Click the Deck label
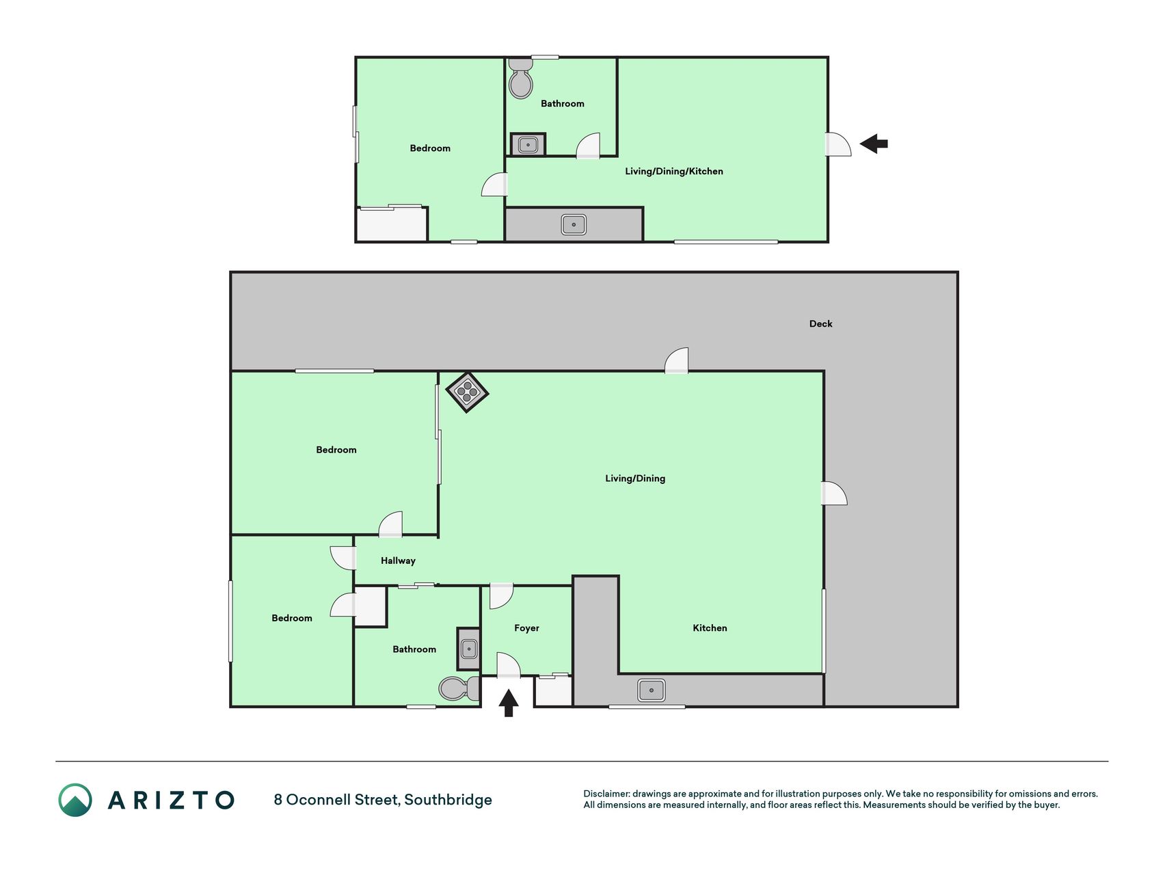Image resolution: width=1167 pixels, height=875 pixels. pyautogui.click(x=820, y=324)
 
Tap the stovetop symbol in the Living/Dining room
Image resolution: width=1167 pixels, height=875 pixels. pyautogui.click(x=467, y=392)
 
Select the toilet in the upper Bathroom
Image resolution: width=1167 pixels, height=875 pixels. pyautogui.click(x=521, y=78)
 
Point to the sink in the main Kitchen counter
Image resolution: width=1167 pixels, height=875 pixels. pyautogui.click(x=652, y=690)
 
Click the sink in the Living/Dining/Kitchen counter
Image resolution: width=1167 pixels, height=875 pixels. pyautogui.click(x=574, y=224)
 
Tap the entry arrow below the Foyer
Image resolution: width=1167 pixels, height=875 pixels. pyautogui.click(x=508, y=703)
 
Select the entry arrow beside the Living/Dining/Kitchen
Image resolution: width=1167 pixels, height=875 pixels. pyautogui.click(x=874, y=144)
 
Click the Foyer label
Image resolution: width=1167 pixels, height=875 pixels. pyautogui.click(x=526, y=628)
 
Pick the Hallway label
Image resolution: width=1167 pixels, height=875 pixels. pyautogui.click(x=398, y=561)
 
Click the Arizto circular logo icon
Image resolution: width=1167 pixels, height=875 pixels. pyautogui.click(x=75, y=800)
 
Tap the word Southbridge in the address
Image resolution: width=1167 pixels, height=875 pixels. pyautogui.click(x=448, y=800)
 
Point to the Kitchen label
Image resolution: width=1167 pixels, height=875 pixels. pyautogui.click(x=710, y=628)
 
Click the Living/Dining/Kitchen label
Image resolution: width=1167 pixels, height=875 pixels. pyautogui.click(x=674, y=172)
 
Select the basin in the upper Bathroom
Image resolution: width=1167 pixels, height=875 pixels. pyautogui.click(x=528, y=145)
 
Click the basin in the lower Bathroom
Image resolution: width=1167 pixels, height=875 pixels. pyautogui.click(x=469, y=648)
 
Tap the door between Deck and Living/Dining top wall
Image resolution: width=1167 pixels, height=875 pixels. pyautogui.click(x=677, y=360)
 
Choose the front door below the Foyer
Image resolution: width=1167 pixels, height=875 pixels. pyautogui.click(x=509, y=665)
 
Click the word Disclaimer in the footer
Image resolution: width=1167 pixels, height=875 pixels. pyautogui.click(x=606, y=794)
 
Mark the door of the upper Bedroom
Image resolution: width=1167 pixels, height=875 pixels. pyautogui.click(x=494, y=185)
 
